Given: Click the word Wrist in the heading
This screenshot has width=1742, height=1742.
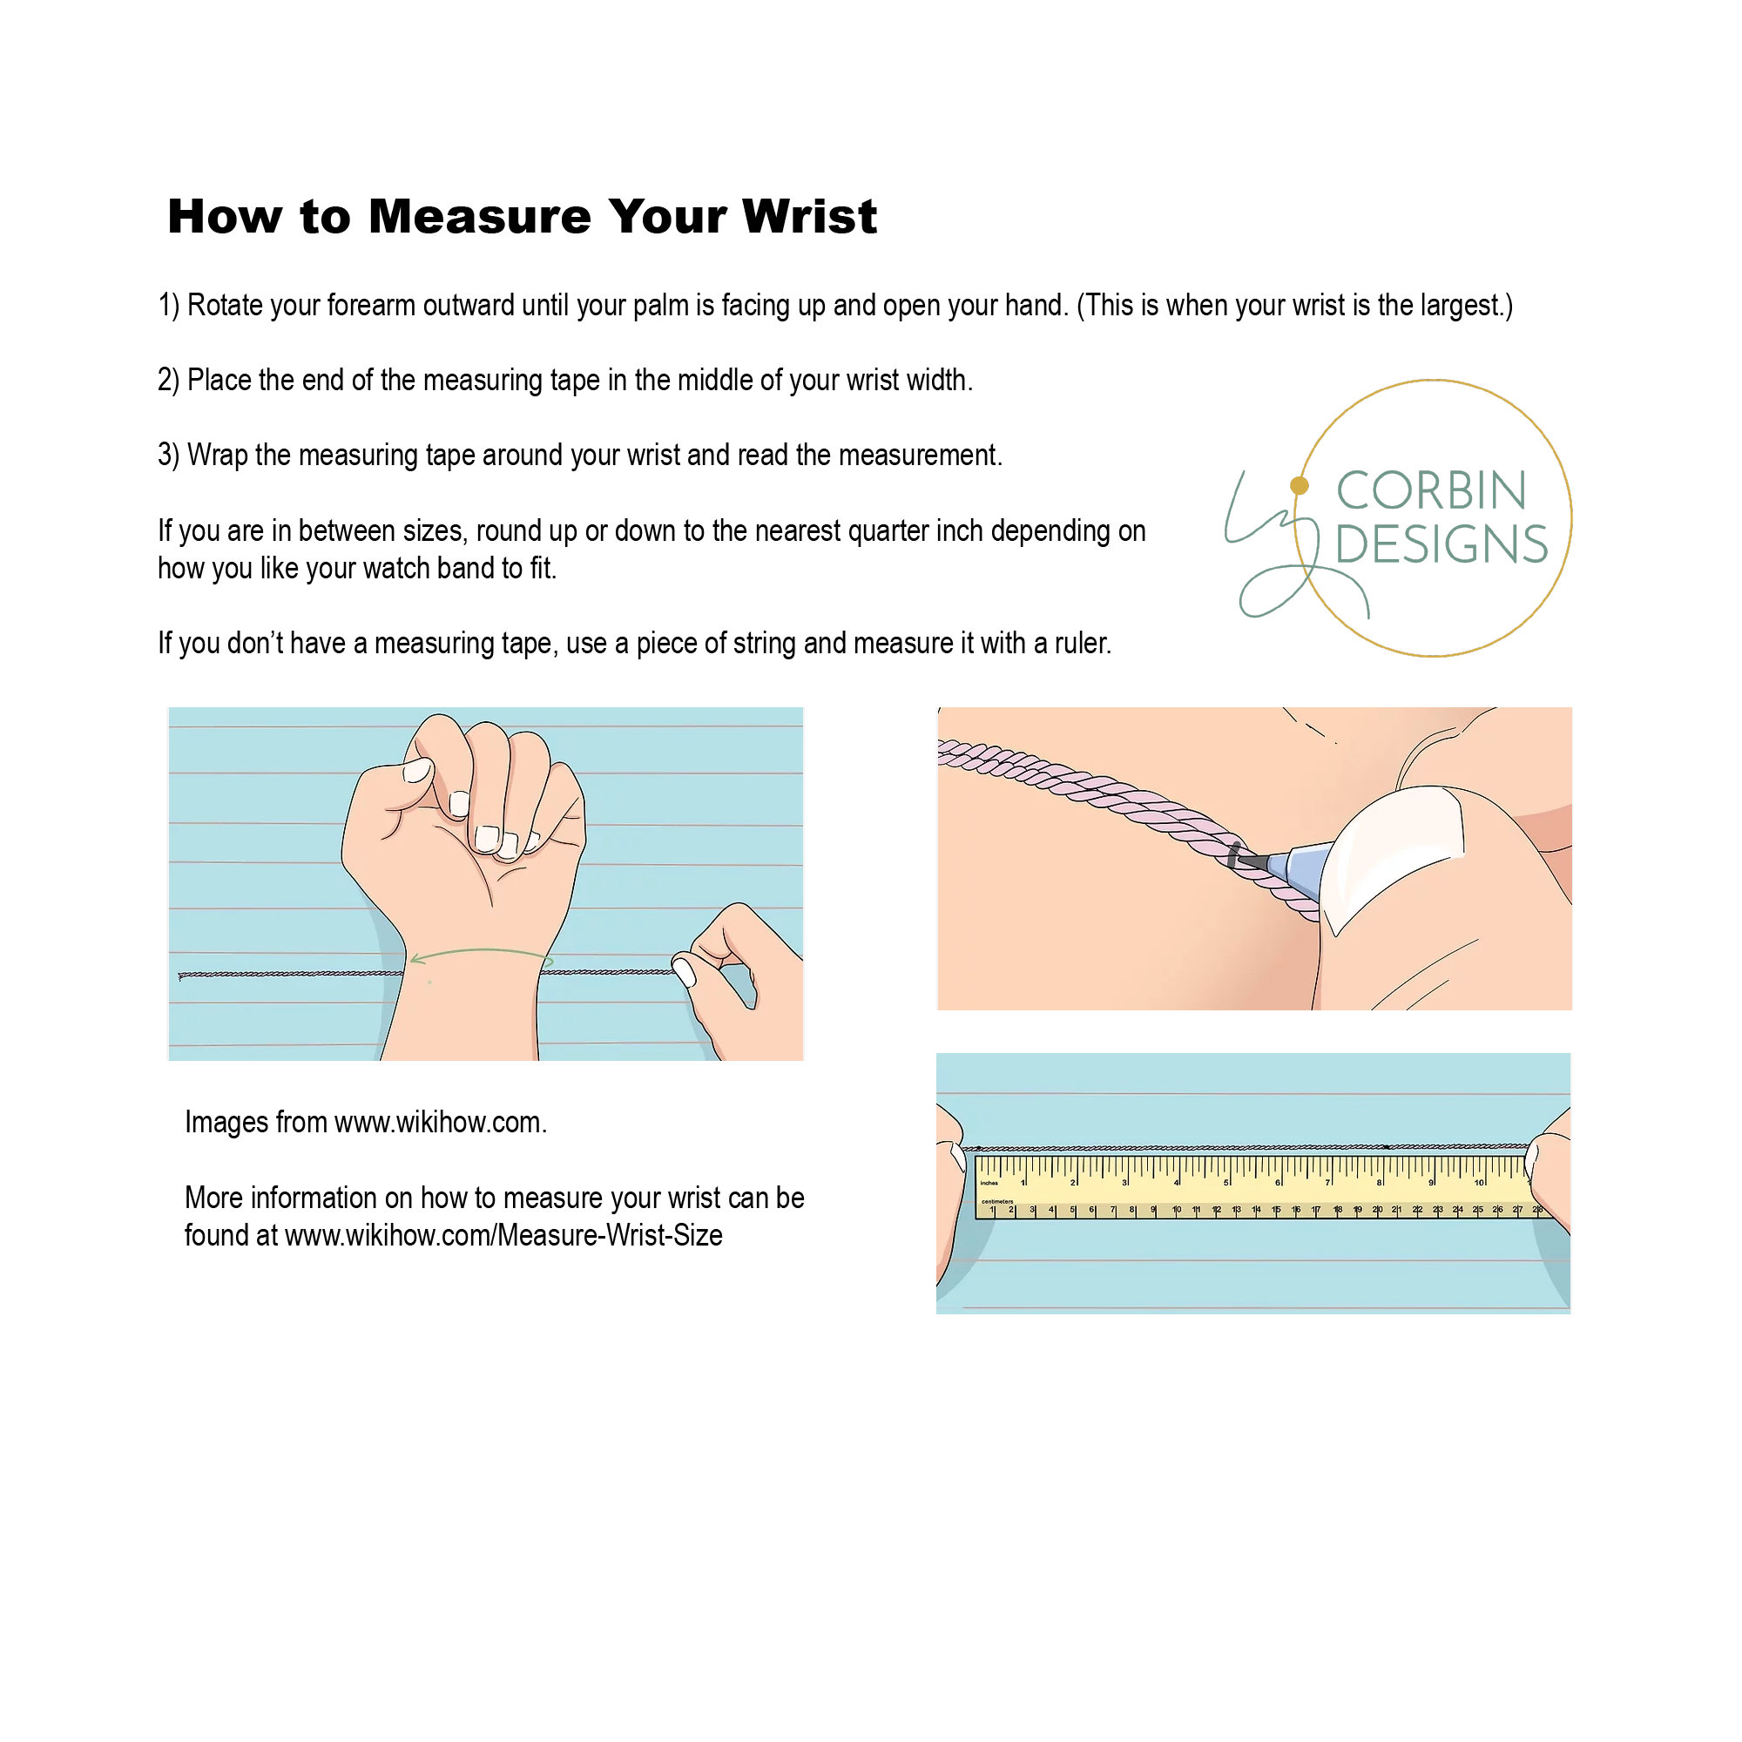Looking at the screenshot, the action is [x=809, y=216].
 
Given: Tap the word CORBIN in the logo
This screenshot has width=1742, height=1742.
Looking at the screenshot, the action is [x=1431, y=491].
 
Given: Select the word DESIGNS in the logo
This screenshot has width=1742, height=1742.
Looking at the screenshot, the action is [x=1441, y=544].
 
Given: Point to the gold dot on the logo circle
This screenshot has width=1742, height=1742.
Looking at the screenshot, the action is [x=1300, y=486].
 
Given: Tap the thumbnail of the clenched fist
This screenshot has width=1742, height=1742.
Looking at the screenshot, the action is [x=417, y=770].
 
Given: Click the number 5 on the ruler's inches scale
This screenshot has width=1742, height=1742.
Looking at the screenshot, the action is [x=1226, y=1182].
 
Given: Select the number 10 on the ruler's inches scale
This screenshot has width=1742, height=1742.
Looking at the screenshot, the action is [x=1479, y=1182].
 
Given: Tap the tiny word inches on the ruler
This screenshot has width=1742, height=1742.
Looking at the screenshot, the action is [x=990, y=1183].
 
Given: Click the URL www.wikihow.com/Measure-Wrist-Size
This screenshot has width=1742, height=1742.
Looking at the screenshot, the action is [x=503, y=1235].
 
